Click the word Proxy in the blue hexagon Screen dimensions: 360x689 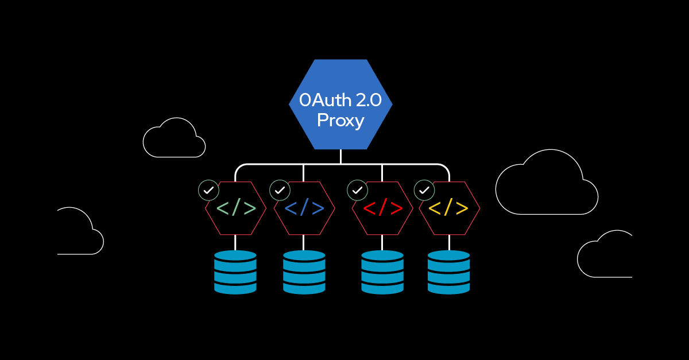(x=340, y=121)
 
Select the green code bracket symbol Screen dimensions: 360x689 (x=236, y=208)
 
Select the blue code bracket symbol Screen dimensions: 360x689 (x=304, y=208)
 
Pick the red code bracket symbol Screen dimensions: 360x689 (x=382, y=208)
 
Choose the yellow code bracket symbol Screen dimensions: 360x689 (x=449, y=208)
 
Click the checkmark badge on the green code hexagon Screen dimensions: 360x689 (x=208, y=190)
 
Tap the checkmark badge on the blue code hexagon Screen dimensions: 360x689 (x=280, y=190)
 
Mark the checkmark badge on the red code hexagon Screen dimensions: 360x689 (x=358, y=190)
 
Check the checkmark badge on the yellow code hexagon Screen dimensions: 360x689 (x=424, y=190)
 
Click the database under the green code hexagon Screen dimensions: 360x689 (x=235, y=272)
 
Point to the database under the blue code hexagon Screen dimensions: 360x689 (x=304, y=272)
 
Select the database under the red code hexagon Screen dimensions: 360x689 (x=382, y=272)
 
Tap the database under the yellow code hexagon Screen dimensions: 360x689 (x=449, y=272)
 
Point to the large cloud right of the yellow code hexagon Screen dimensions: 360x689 (x=545, y=187)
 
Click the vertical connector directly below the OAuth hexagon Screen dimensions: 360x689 (x=340, y=157)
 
